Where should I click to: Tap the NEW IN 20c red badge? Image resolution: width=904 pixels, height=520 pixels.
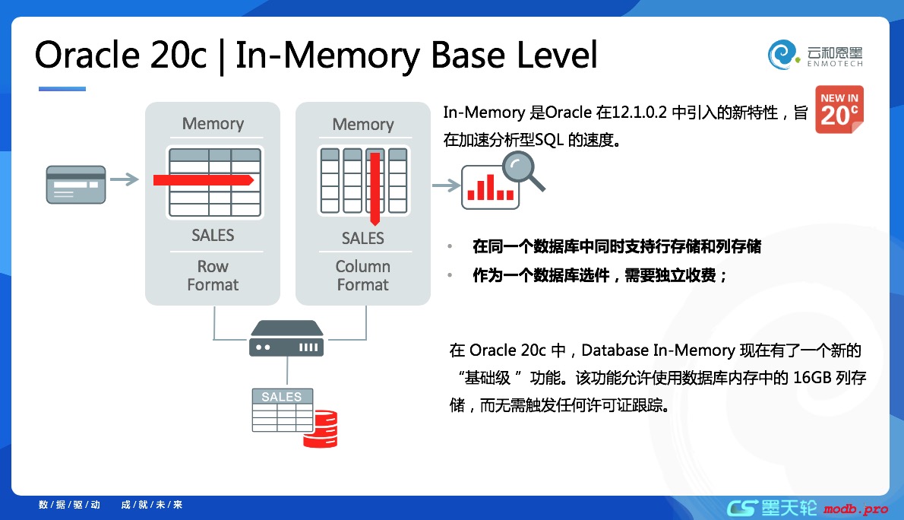tap(839, 109)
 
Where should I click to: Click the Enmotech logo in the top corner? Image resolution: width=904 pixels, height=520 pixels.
tap(815, 54)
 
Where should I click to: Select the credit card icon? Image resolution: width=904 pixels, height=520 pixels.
tap(76, 184)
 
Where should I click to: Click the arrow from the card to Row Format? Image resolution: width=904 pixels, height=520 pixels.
tap(125, 180)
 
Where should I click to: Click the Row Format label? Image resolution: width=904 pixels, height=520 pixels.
tap(213, 275)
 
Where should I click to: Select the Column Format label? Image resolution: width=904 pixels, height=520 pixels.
tap(362, 275)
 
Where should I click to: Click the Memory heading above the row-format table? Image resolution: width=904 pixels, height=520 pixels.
tap(213, 124)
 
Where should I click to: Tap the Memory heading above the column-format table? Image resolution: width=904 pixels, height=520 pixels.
tap(362, 124)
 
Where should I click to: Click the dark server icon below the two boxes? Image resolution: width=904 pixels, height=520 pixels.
tap(286, 339)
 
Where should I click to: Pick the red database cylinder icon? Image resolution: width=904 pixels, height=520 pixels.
tap(320, 429)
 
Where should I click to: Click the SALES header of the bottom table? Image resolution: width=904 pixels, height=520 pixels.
tap(281, 397)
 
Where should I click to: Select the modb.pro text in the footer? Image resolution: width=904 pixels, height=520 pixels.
tap(855, 509)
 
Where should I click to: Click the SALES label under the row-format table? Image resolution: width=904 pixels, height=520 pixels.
tap(213, 236)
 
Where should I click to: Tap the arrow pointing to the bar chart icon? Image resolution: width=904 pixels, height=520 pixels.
tap(446, 185)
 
